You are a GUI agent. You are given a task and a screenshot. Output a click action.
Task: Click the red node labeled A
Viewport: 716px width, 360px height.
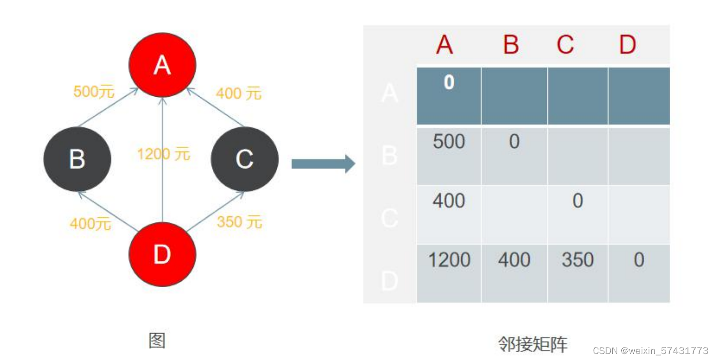(x=162, y=65)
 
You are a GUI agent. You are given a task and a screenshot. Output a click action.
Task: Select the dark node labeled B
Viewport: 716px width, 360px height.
(x=77, y=159)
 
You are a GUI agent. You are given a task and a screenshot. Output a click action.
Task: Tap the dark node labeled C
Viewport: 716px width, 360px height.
(x=244, y=159)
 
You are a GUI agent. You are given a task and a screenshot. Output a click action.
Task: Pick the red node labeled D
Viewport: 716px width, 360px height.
(x=162, y=254)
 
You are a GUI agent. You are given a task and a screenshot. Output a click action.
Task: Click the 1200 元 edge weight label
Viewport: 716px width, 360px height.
(x=164, y=154)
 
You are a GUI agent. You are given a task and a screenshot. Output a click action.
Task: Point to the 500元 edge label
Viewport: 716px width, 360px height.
(x=94, y=92)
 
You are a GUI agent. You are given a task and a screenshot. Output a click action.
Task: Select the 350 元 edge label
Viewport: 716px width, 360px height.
(x=239, y=222)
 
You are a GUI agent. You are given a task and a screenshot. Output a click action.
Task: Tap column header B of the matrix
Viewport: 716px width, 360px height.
(x=511, y=45)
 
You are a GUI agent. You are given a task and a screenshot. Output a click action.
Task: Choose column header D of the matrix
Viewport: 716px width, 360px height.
(x=627, y=45)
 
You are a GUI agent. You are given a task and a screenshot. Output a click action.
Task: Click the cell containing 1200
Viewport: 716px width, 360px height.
(x=449, y=260)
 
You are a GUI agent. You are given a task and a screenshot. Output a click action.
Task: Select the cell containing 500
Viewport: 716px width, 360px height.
(x=449, y=142)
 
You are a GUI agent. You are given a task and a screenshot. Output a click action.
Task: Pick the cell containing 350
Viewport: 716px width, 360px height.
(x=577, y=260)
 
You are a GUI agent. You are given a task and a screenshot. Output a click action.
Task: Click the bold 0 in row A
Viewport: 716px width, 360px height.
(x=449, y=83)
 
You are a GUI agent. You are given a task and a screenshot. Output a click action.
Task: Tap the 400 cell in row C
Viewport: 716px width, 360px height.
(x=449, y=201)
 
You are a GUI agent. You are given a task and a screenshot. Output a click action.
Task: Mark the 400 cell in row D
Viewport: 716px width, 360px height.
(x=514, y=260)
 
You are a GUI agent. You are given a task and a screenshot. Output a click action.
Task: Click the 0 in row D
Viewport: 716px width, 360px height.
(x=639, y=260)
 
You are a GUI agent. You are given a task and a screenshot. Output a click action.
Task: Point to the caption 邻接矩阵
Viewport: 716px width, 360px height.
(x=533, y=344)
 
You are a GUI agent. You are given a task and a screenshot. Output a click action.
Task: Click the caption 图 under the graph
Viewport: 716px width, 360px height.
(x=157, y=341)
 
